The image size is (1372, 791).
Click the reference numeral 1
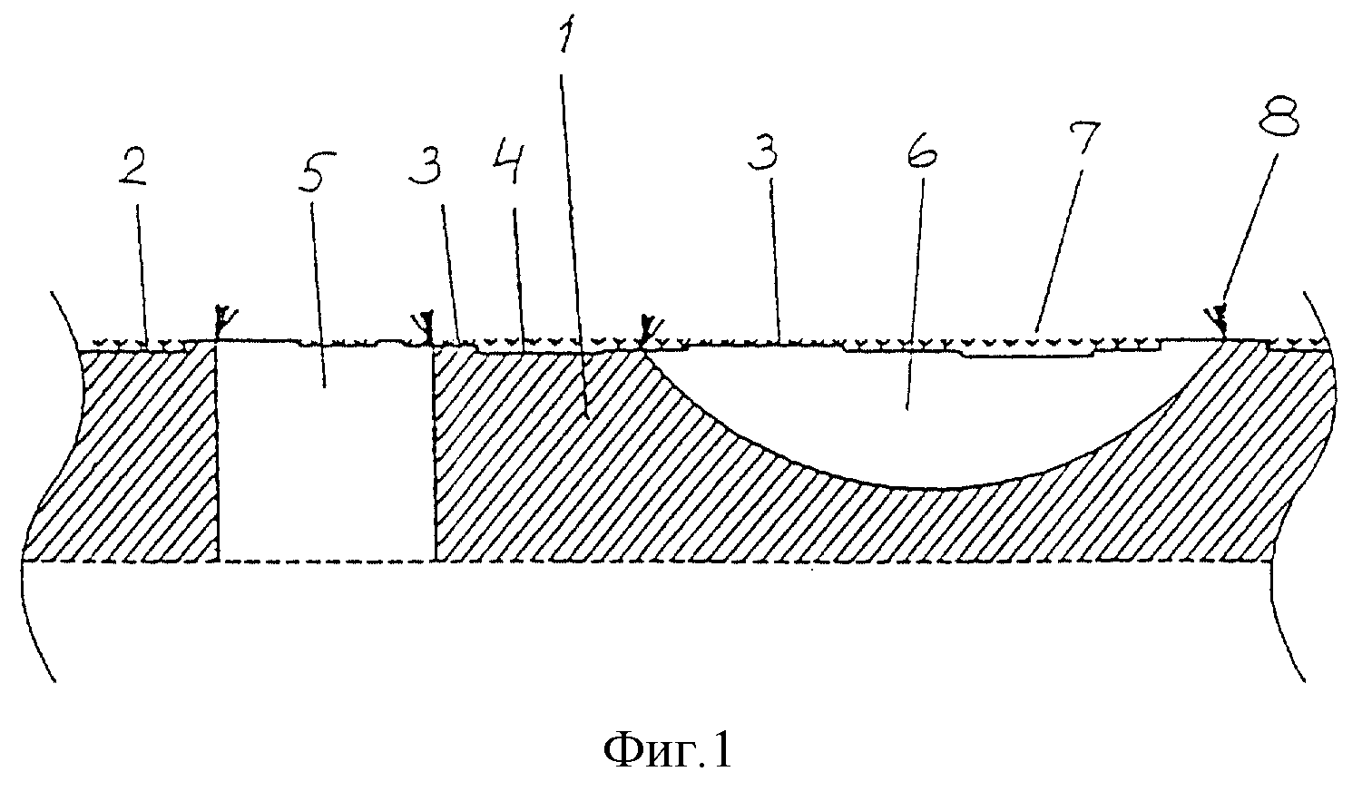pos(566,36)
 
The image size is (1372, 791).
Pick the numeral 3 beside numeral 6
pos(763,149)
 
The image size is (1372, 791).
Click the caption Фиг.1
pos(668,751)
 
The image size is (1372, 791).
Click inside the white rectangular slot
pos(326,453)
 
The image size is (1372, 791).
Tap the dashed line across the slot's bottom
pos(326,561)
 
